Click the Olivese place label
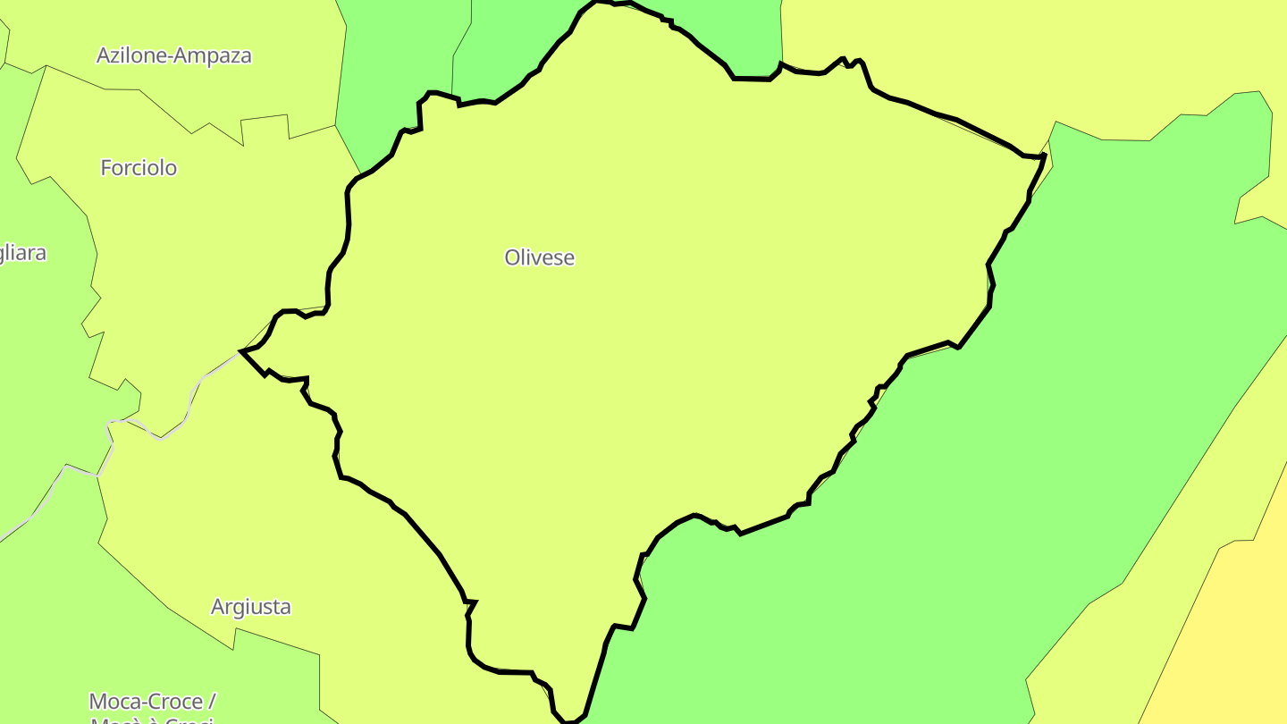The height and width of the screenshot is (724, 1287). click(x=539, y=257)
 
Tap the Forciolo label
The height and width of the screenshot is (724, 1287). click(x=139, y=168)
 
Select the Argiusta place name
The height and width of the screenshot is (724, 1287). click(x=250, y=607)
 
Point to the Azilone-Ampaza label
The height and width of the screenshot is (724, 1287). click(x=173, y=55)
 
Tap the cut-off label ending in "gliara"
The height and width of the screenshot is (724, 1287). click(x=21, y=253)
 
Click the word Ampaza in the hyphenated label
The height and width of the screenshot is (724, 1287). click(x=214, y=55)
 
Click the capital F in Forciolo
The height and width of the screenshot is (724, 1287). click(x=106, y=168)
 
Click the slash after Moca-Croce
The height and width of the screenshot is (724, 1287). click(x=212, y=702)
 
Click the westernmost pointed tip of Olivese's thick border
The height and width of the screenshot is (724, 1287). click(x=241, y=351)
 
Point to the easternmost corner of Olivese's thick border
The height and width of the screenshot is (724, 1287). click(x=1044, y=156)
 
